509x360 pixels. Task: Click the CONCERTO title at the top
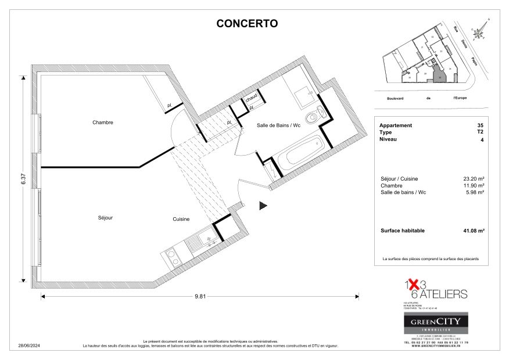247,24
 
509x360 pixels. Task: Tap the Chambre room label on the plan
102,123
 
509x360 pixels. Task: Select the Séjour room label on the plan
105,218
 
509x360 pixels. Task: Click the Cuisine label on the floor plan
181,219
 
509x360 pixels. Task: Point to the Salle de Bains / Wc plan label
278,125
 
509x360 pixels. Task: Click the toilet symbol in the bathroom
315,116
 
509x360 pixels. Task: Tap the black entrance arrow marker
263,205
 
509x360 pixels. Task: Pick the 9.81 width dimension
200,296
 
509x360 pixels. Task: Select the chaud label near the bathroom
251,98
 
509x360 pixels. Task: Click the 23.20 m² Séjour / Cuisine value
474,179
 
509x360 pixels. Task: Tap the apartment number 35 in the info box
479,125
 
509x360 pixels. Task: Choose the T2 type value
479,132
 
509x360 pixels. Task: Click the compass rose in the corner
480,32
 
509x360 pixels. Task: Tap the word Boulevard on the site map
395,98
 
